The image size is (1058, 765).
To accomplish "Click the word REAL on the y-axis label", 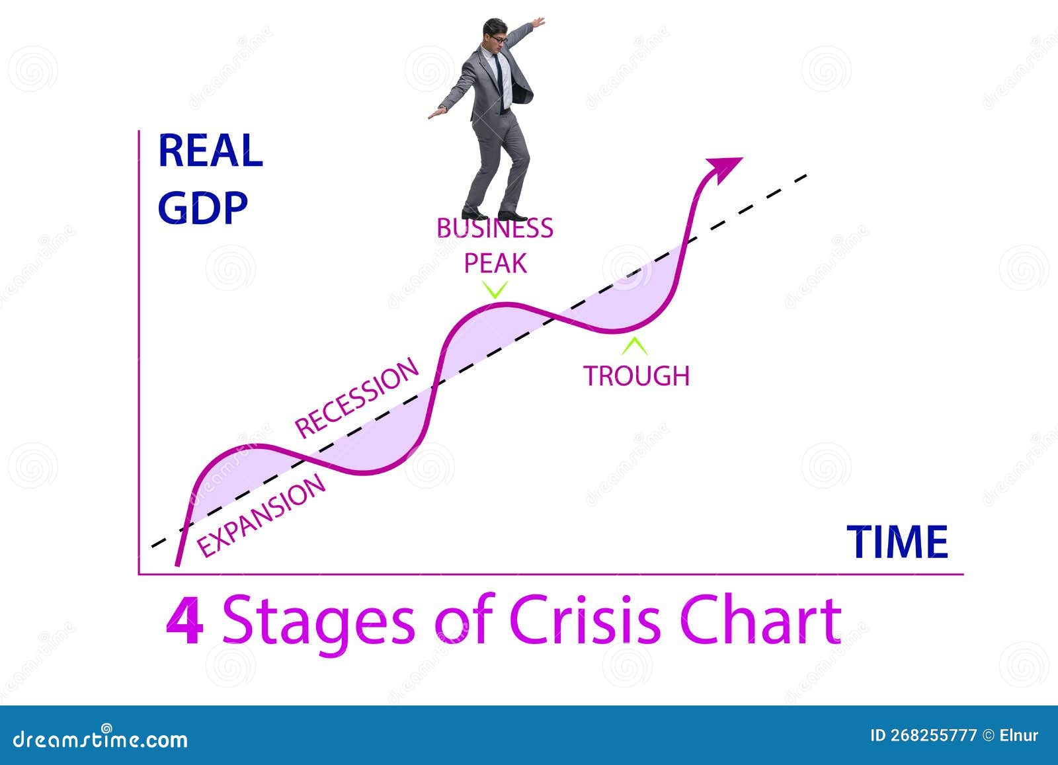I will pyautogui.click(x=210, y=151).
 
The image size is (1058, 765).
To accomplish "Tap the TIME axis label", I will pyautogui.click(x=897, y=542).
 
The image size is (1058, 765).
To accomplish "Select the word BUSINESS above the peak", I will pyautogui.click(x=495, y=229).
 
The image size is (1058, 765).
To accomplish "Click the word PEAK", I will pyautogui.click(x=495, y=264).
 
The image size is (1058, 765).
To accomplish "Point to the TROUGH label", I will pyautogui.click(x=636, y=376).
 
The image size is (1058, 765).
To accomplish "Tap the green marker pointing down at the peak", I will pyautogui.click(x=495, y=290).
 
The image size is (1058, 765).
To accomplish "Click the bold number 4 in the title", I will pyautogui.click(x=184, y=622).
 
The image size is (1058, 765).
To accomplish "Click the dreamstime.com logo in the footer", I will pyautogui.click(x=101, y=738).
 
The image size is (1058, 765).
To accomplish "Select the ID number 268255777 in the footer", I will pyautogui.click(x=932, y=735).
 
